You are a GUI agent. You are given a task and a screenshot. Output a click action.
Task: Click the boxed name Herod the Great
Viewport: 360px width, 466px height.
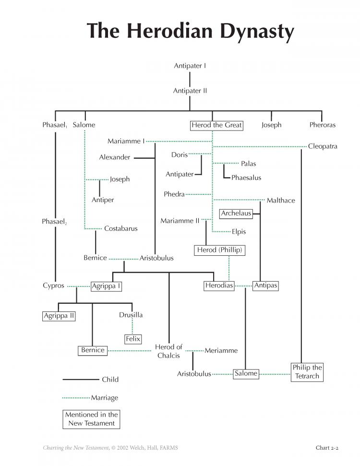[x=216, y=125]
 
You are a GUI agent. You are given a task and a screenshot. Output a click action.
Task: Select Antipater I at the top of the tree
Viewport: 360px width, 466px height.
[x=190, y=66]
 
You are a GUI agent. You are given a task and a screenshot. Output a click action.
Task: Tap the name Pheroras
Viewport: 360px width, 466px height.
[x=323, y=125]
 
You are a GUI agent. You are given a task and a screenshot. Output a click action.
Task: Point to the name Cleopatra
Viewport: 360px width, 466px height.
[x=323, y=146]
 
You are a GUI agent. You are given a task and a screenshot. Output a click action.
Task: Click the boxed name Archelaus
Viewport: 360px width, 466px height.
[x=236, y=214]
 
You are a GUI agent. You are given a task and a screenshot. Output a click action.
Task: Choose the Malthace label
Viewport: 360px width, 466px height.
[x=281, y=200]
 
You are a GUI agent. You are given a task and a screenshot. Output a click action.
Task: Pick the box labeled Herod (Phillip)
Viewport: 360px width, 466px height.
[x=220, y=250]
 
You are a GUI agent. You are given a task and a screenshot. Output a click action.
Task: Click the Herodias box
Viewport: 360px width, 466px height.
[x=219, y=286]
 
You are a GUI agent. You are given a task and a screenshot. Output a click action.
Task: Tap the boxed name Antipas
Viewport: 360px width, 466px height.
[x=265, y=286]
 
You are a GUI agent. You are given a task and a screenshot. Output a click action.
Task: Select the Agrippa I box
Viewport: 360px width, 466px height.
[x=106, y=286]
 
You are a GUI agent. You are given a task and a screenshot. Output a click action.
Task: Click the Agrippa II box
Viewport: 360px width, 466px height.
[x=59, y=316]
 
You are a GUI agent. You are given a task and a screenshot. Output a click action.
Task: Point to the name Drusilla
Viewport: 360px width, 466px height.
[x=131, y=315]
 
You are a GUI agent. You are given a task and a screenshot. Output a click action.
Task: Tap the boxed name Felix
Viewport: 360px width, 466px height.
[x=133, y=339]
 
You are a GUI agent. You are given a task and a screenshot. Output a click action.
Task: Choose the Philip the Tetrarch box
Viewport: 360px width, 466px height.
[x=307, y=372]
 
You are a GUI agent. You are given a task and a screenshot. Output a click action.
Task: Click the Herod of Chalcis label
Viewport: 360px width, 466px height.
[x=168, y=351]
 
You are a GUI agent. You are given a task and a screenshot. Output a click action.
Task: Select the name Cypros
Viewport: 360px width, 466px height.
[x=53, y=286]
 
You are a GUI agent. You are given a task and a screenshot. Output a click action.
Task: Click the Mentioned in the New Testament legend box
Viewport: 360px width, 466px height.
[x=91, y=419]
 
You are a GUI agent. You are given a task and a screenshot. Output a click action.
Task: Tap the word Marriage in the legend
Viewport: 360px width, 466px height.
[x=105, y=398]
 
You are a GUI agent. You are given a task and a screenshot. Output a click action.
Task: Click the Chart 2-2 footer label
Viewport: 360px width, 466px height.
[x=327, y=448]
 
